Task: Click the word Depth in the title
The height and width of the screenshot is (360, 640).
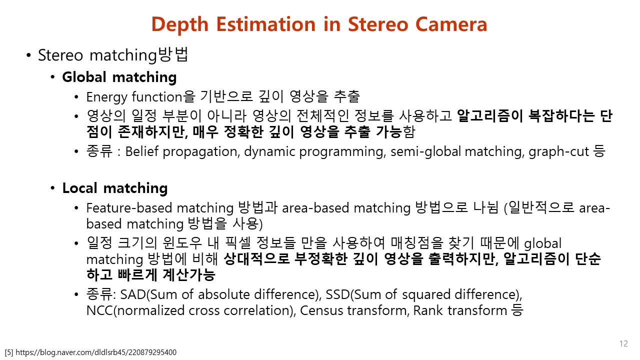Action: (x=179, y=25)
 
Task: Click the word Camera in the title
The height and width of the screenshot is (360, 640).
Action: (x=451, y=24)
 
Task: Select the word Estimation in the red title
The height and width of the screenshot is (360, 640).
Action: (x=265, y=24)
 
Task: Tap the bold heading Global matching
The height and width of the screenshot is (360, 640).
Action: (x=119, y=77)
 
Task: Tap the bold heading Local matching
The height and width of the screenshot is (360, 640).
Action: (x=115, y=188)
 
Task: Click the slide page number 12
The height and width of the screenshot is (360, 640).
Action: (x=623, y=343)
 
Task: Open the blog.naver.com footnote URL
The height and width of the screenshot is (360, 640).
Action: (x=96, y=352)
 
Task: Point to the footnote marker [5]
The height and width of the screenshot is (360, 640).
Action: (x=9, y=352)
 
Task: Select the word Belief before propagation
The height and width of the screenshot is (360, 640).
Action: (x=141, y=151)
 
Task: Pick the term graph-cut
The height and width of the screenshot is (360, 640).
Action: (x=558, y=151)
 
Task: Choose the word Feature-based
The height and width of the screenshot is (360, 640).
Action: (x=129, y=207)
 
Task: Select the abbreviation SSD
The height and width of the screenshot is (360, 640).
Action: (x=337, y=294)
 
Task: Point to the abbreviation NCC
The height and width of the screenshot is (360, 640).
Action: (x=99, y=310)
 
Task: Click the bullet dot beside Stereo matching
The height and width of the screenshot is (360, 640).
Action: (x=28, y=55)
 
